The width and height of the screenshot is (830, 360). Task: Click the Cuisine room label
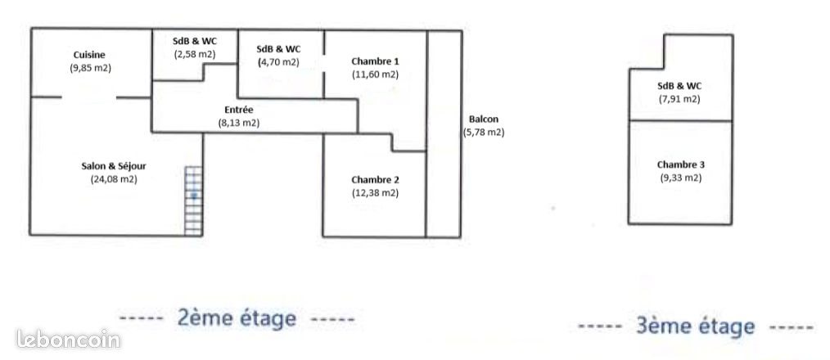click(89, 55)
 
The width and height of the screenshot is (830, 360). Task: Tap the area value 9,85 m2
click(90, 68)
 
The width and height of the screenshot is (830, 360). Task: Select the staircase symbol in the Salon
click(194, 200)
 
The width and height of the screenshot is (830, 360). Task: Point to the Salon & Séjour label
click(114, 166)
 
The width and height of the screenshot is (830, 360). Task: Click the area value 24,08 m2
click(114, 179)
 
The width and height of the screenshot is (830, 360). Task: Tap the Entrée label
click(239, 110)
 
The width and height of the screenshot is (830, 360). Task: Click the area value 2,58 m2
click(195, 54)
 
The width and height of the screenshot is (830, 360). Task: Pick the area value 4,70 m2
click(278, 62)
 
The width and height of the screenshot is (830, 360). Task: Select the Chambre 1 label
click(375, 61)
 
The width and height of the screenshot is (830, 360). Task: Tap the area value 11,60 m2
click(375, 74)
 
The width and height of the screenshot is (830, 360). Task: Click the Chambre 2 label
click(375, 179)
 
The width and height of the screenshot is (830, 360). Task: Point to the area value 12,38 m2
click(375, 193)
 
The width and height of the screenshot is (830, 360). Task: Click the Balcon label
click(484, 119)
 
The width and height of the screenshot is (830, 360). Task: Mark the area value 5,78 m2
click(484, 133)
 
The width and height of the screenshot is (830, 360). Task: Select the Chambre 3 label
click(681, 164)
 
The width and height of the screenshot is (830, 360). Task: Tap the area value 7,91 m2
click(679, 99)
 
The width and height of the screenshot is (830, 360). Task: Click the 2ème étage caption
click(237, 319)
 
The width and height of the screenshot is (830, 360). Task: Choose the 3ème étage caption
click(695, 326)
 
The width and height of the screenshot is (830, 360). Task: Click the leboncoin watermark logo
click(68, 340)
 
